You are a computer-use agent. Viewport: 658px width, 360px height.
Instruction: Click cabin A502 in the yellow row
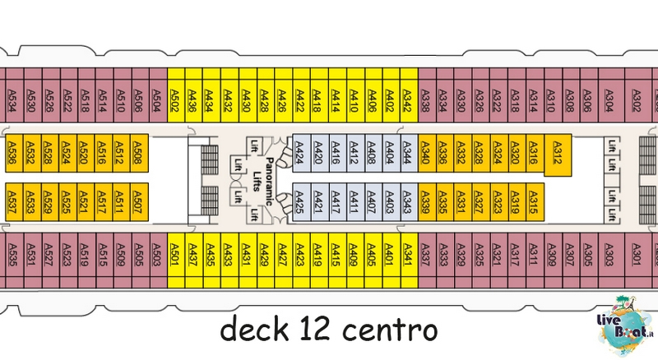tap(176, 95)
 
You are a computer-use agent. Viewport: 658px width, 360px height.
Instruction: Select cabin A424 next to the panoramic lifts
tap(301, 153)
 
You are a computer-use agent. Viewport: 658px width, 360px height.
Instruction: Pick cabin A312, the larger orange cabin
tap(558, 155)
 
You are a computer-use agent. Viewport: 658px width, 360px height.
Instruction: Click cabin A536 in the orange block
tap(14, 153)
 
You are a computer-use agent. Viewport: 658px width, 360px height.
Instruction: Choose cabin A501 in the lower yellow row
tap(176, 261)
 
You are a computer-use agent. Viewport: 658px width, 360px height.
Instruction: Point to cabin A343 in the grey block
tap(409, 202)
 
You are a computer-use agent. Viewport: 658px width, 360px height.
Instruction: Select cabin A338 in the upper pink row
tap(427, 95)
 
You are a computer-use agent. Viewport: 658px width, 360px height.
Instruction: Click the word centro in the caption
tap(390, 330)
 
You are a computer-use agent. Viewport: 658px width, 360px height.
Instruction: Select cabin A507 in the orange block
tap(139, 202)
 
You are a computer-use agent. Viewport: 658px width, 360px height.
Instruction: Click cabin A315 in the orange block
tap(535, 202)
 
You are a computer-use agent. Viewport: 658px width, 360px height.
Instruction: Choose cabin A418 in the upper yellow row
tap(319, 95)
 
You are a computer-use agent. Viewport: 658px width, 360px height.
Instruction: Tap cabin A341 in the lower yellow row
tap(409, 261)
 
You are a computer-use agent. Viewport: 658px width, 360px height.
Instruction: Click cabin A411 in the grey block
tap(355, 202)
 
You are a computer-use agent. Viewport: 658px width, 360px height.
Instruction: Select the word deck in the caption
tap(255, 330)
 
